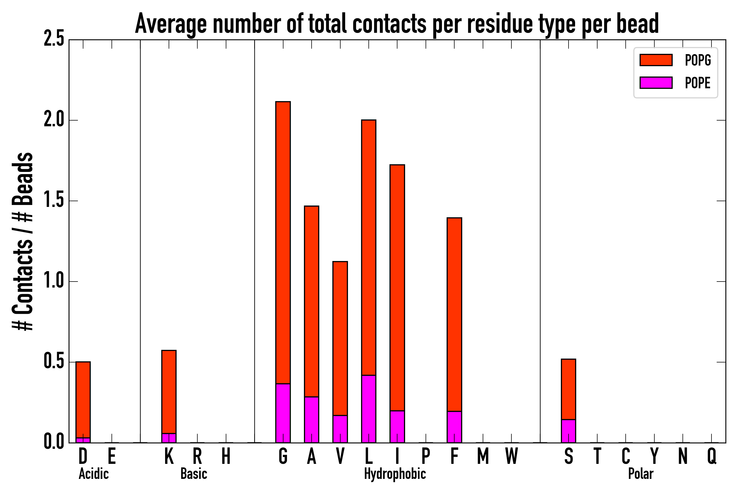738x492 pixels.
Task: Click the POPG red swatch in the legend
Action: (656, 60)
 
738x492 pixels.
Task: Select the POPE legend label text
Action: (698, 83)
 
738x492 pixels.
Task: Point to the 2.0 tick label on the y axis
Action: (54, 120)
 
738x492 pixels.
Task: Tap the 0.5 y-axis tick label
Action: (54, 362)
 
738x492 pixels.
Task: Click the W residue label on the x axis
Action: (511, 456)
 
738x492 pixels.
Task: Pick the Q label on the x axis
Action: (712, 456)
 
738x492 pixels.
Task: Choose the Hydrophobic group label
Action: (395, 474)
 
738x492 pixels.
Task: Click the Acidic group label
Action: (93, 474)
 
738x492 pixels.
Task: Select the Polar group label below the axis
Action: (641, 474)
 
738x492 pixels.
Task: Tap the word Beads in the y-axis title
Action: (23, 179)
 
